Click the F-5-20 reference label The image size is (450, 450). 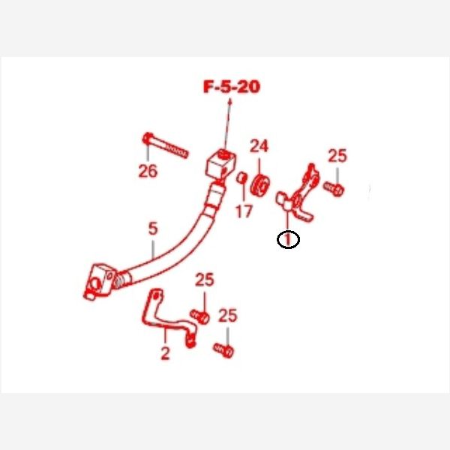232,87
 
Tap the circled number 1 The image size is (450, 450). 288,239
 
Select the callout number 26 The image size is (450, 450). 148,171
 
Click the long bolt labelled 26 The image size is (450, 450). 165,145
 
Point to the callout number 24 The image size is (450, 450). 259,146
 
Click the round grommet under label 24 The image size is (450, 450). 260,185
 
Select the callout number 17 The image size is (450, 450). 244,211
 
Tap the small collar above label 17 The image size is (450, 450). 241,178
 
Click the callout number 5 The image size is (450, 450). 153,229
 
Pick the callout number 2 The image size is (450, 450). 165,353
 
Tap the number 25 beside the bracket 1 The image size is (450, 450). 337,156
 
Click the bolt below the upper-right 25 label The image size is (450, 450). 334,188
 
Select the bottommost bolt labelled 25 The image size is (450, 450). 223,350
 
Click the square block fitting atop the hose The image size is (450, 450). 221,164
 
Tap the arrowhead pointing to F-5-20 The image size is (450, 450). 229,102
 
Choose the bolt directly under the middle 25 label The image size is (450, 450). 200,316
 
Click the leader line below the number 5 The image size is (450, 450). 153,249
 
